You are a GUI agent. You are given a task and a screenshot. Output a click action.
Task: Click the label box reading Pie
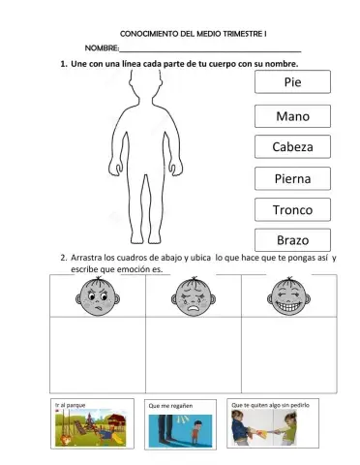(x=291, y=83)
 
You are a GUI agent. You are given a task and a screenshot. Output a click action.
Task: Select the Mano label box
(x=291, y=116)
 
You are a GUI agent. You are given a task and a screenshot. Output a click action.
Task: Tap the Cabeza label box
(x=291, y=147)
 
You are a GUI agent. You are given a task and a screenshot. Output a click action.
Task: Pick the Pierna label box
(x=291, y=178)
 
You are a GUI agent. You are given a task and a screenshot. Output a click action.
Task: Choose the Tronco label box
(x=291, y=209)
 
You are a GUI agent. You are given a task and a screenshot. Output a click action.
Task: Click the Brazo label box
(x=291, y=239)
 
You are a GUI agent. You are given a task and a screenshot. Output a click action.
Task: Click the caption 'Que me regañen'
(x=170, y=406)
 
